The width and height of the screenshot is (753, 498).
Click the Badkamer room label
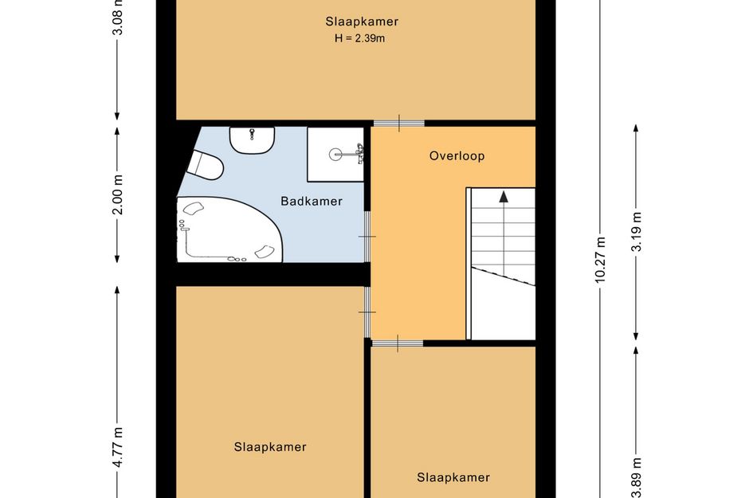tap(312, 202)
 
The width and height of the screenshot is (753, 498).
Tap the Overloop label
tap(457, 155)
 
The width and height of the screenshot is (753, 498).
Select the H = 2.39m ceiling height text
tap(359, 38)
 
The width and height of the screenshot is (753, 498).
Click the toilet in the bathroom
tap(206, 165)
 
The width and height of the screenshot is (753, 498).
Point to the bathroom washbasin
tap(252, 139)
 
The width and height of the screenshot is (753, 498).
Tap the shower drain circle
tap(335, 154)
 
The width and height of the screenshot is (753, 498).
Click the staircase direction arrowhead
tap(504, 197)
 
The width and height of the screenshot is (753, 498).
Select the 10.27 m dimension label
tap(600, 259)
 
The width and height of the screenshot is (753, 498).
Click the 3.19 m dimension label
tap(637, 232)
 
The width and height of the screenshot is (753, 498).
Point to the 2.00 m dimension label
tap(118, 194)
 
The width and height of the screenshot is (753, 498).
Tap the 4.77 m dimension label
tap(118, 447)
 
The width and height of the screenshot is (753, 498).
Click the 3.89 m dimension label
tap(637, 478)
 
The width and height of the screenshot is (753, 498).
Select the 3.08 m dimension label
tap(118, 18)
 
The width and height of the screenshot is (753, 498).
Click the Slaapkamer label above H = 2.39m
tap(362, 22)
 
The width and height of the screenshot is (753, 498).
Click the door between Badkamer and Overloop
tap(367, 237)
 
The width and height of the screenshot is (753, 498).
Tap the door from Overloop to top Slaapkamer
tap(398, 124)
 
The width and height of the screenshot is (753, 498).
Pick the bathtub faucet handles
tap(182, 225)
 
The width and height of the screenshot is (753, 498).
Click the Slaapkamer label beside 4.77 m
tap(270, 447)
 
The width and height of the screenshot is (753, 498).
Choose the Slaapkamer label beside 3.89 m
tap(453, 477)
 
